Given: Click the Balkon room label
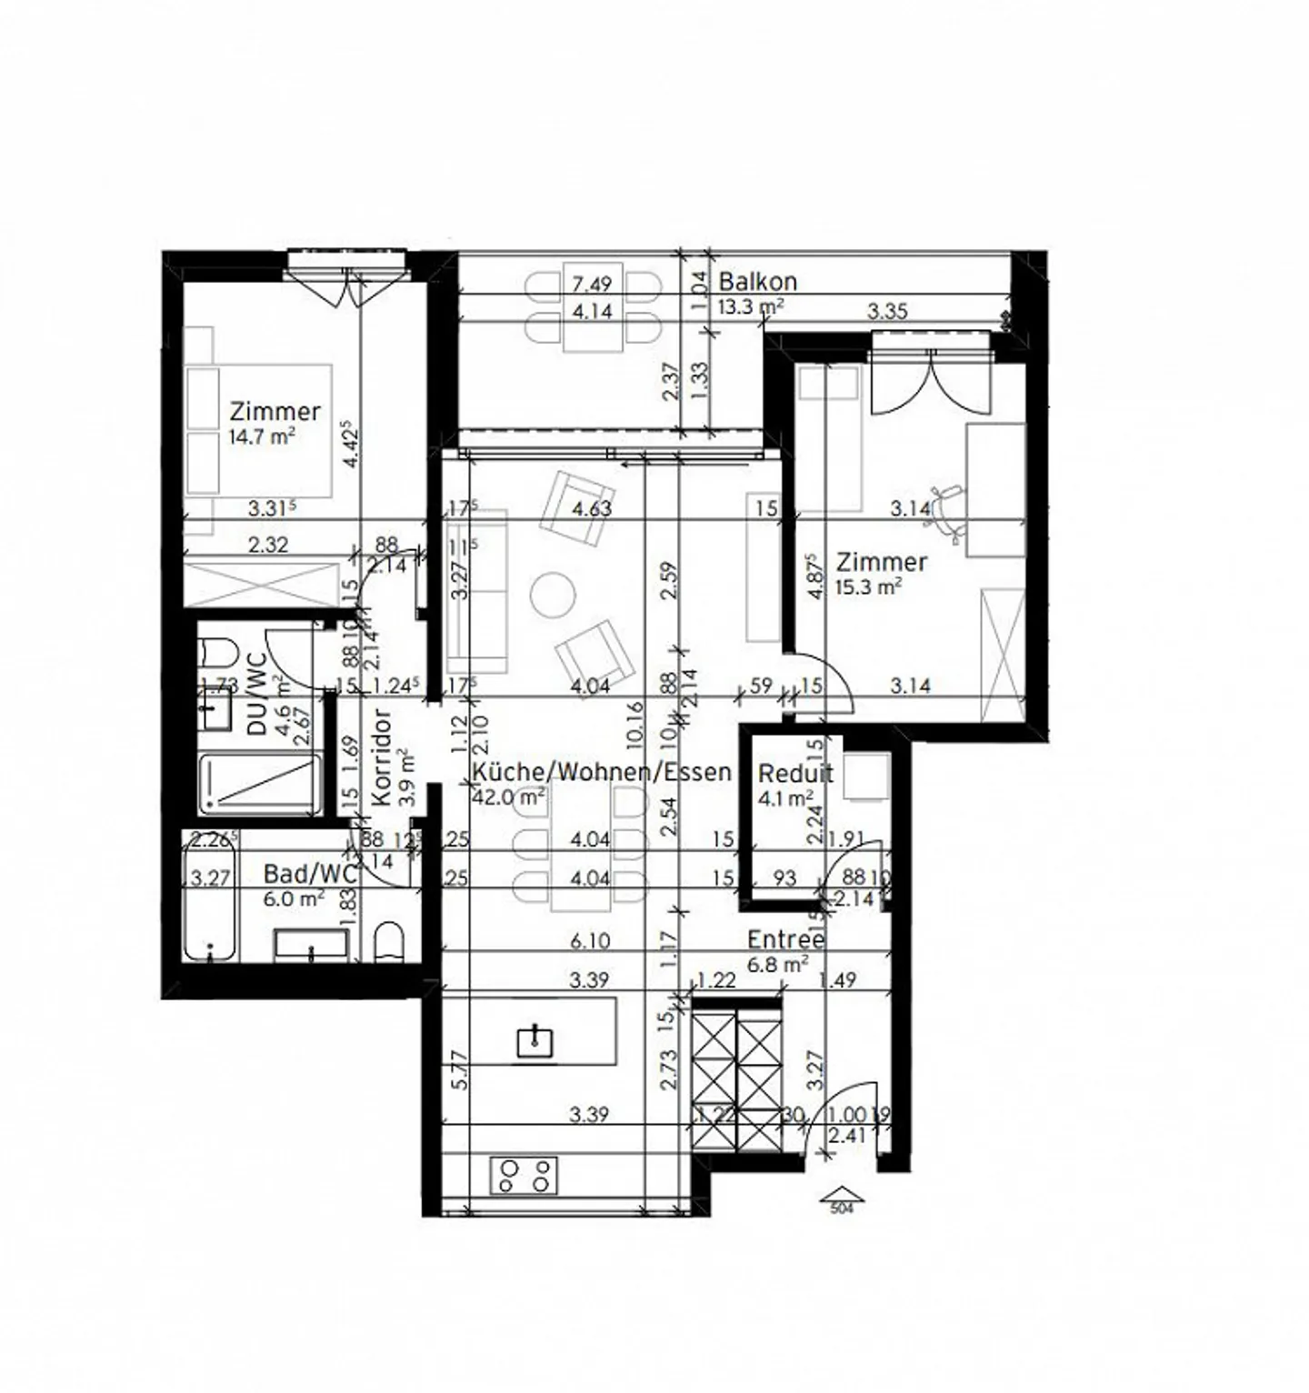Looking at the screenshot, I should (758, 281).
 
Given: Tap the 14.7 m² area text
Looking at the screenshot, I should (262, 436).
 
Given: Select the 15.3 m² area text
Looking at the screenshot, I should (868, 586).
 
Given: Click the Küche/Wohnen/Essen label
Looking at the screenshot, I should (602, 773).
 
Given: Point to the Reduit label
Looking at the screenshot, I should (795, 774).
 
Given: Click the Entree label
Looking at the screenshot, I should (785, 939).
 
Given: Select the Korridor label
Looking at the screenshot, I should (381, 757).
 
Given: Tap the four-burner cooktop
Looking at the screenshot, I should (525, 1175).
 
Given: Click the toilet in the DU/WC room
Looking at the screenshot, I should (216, 653).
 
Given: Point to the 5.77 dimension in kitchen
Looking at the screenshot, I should (461, 1071).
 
